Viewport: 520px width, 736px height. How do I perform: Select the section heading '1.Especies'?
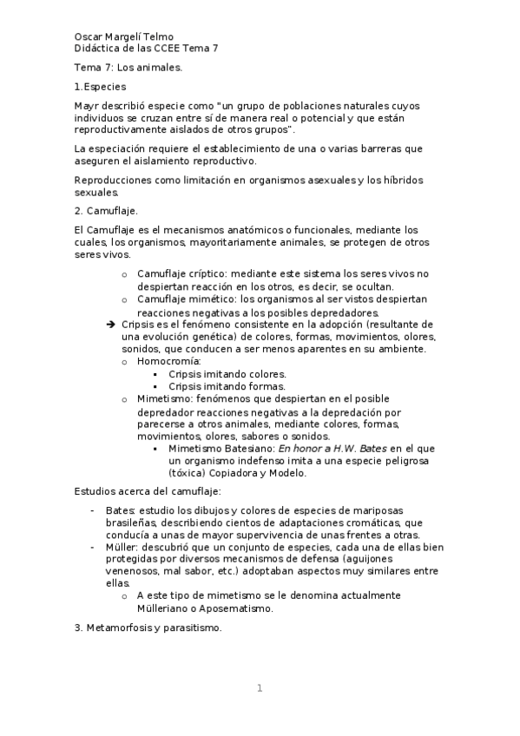[x=101, y=87]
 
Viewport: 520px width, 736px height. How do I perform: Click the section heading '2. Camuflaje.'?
[x=107, y=211]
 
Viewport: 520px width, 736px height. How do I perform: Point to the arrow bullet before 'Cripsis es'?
[x=110, y=324]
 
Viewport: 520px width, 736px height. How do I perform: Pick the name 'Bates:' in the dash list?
[x=120, y=510]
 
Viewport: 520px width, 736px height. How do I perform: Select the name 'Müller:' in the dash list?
[x=122, y=548]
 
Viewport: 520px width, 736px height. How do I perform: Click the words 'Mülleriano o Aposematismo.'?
[x=205, y=609]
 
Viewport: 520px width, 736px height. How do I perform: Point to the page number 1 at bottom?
[x=260, y=688]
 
